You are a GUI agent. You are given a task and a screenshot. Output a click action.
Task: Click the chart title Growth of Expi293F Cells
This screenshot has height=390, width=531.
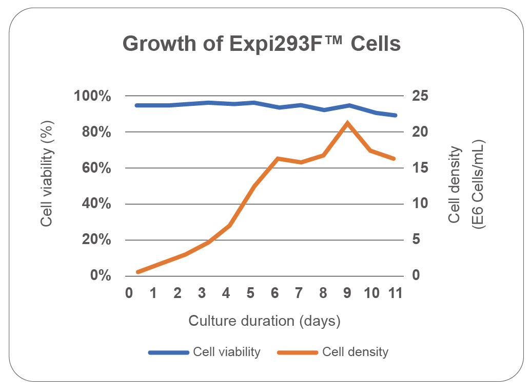pos(262,44)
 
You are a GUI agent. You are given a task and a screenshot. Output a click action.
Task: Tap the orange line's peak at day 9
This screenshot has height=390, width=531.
pos(347,123)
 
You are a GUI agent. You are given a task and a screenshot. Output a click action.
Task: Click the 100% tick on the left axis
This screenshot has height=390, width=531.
pos(92,96)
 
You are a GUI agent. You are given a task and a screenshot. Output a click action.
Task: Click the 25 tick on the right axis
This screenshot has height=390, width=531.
pos(421,96)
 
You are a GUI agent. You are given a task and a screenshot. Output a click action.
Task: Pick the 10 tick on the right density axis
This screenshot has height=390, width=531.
pos(421,203)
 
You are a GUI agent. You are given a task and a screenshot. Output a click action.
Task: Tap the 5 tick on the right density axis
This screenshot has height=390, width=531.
pos(416,239)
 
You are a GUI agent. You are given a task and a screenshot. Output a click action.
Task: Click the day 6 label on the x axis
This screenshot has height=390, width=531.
pos(274,293)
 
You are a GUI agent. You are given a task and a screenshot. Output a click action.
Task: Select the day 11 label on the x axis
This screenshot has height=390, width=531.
pos(395,293)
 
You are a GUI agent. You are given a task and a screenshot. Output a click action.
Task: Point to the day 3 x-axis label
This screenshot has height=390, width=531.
pos(202,293)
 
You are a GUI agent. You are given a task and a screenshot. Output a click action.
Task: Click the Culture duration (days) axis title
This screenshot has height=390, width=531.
pos(264,321)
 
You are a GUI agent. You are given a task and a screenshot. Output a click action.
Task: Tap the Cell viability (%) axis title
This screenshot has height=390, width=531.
pos(47,186)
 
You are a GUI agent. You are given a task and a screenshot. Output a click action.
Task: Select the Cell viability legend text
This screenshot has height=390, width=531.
pos(227,352)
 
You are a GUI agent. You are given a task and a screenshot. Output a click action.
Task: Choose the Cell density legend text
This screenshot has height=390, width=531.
pos(355,352)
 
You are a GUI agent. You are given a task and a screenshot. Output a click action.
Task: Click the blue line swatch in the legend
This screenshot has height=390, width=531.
pos(169,352)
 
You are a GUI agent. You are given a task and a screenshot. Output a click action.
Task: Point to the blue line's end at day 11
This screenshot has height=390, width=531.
pos(395,115)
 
